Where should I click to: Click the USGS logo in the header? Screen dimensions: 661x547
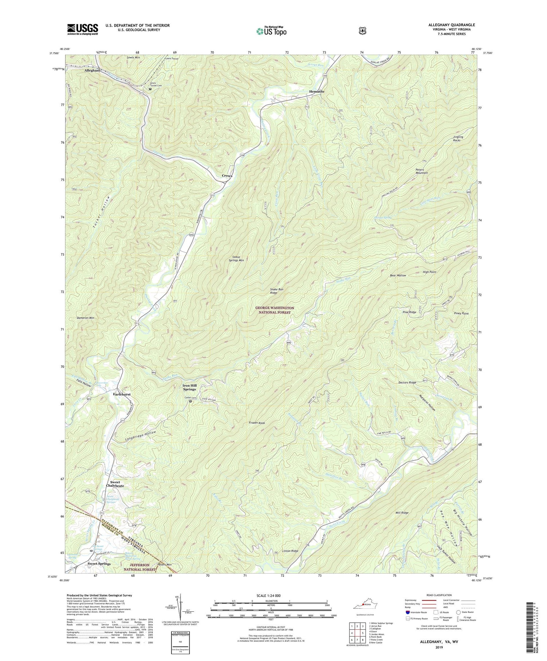click(x=82, y=29)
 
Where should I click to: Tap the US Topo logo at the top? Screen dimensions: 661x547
click(x=271, y=31)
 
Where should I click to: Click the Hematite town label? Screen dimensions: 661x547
click(x=316, y=92)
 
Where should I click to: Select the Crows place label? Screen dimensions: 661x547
click(x=227, y=176)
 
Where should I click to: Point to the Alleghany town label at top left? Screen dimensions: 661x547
click(x=92, y=70)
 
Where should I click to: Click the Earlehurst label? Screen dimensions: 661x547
click(x=122, y=394)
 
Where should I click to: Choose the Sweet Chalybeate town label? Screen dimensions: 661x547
click(x=115, y=484)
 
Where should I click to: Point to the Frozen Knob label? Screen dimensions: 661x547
click(x=257, y=423)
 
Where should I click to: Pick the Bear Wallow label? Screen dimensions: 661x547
click(x=398, y=276)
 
